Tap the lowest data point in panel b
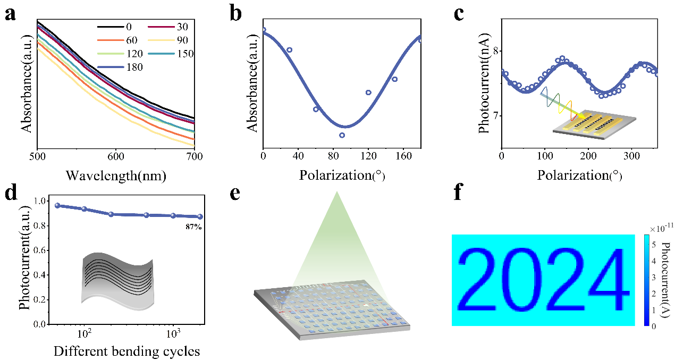tap(342, 135)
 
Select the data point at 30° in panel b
tap(289, 50)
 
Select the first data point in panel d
tap(57, 205)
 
